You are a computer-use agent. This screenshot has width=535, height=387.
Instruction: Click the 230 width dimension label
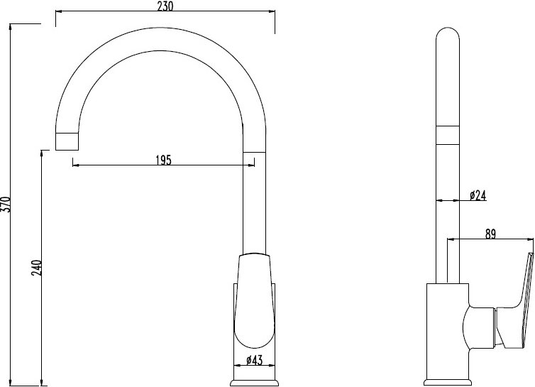pyautogui.click(x=165, y=6)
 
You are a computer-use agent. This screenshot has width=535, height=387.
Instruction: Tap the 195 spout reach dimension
pyautogui.click(x=163, y=160)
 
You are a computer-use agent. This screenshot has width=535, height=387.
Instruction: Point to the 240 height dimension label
pyautogui.click(x=36, y=268)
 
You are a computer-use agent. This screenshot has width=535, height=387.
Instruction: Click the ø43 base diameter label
pyautogui.click(x=254, y=360)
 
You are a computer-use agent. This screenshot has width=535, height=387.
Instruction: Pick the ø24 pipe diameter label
pyautogui.click(x=478, y=195)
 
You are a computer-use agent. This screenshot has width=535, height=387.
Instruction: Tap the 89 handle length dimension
pyautogui.click(x=490, y=234)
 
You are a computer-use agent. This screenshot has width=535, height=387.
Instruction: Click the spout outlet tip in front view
pyautogui.click(x=67, y=141)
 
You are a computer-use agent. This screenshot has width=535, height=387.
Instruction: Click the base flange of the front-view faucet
pyautogui.click(x=254, y=383)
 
